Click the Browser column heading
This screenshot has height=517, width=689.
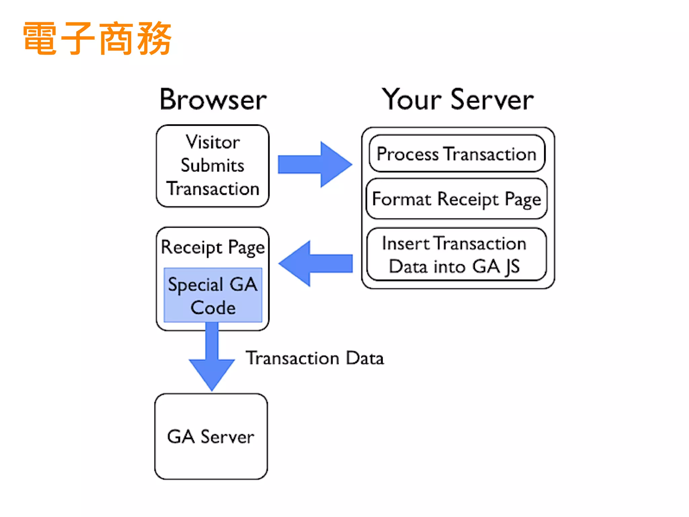coord(213,100)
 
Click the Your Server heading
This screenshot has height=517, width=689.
coord(458,100)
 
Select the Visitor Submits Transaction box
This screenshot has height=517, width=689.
coord(213,166)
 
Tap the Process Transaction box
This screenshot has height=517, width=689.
coord(457,154)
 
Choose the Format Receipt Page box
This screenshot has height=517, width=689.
coord(457,199)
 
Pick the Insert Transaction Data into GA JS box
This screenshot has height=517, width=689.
coord(457,254)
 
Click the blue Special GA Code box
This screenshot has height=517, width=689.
coord(213,295)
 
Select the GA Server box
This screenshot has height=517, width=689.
coord(211,437)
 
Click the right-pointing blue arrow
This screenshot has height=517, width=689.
coord(315,165)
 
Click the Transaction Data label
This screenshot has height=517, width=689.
coord(315,358)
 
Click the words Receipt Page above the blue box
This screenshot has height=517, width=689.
coord(213,247)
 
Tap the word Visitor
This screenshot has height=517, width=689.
coord(213,142)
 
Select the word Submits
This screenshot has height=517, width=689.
coord(213,165)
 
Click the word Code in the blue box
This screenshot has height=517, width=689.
coord(213,308)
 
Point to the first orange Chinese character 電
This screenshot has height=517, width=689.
coord(40,38)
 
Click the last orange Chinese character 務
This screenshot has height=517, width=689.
coord(155,38)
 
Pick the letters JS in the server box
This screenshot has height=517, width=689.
coord(512,267)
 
